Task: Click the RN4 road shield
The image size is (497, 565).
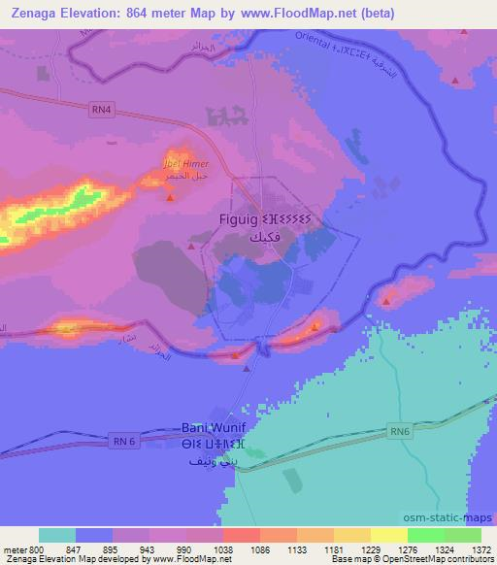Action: [101, 110]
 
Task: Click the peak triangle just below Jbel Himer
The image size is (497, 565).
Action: [171, 197]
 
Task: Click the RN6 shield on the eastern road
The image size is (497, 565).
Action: [399, 431]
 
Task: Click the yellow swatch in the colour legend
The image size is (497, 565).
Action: [388, 535]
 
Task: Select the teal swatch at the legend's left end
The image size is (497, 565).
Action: [57, 535]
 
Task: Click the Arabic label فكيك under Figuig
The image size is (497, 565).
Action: [239, 238]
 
